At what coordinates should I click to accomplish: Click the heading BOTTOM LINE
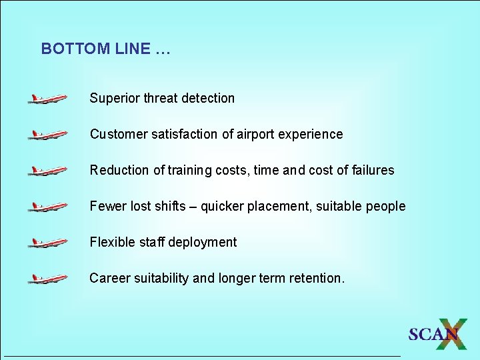point(105,49)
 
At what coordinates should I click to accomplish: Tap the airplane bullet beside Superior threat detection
point(47,99)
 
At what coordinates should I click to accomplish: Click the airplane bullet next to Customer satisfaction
point(47,135)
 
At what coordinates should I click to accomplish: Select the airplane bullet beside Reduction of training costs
point(47,171)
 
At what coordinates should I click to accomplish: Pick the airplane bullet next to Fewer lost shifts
point(47,207)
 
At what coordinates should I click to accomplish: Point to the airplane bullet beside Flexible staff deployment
point(47,243)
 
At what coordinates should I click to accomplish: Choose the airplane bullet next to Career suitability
point(47,279)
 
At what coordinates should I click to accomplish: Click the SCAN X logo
point(437,333)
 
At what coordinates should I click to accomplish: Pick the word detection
point(208,99)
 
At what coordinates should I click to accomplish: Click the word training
point(190,171)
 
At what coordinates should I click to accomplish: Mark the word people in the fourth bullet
point(385,207)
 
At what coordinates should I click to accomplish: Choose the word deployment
point(202,243)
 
